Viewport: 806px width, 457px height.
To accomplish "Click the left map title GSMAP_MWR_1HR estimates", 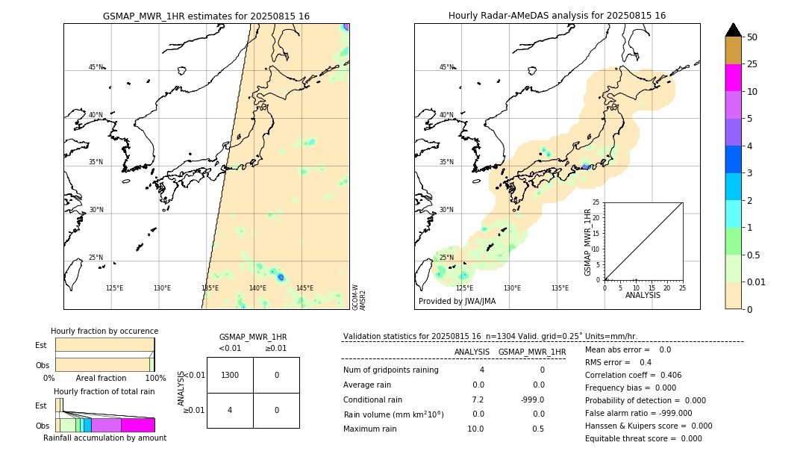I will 206,16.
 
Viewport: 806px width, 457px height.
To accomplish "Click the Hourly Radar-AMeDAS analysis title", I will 557,16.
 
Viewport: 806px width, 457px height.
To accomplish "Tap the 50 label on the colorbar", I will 752,37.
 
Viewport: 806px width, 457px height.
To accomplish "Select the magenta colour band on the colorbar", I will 733,78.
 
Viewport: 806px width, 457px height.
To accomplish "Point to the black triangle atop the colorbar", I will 733,30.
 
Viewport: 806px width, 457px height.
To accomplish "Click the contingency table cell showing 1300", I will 230,375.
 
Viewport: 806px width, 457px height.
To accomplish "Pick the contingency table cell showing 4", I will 230,410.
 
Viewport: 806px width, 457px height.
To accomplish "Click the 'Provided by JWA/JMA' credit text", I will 457,301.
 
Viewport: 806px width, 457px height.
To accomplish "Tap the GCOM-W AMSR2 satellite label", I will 359,296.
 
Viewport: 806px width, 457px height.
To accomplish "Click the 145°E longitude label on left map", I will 304,288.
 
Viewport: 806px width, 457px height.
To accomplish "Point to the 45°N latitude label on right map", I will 446,67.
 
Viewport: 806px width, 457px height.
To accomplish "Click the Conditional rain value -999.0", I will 531,400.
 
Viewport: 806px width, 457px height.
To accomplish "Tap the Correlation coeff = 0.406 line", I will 633,375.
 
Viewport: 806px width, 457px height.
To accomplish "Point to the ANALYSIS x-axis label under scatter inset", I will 643,295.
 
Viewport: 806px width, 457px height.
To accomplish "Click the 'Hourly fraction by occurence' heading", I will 104,331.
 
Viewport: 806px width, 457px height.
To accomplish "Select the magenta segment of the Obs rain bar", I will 137,425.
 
